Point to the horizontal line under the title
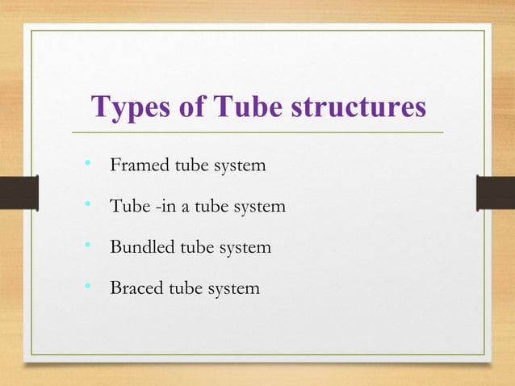(x=257, y=132)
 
